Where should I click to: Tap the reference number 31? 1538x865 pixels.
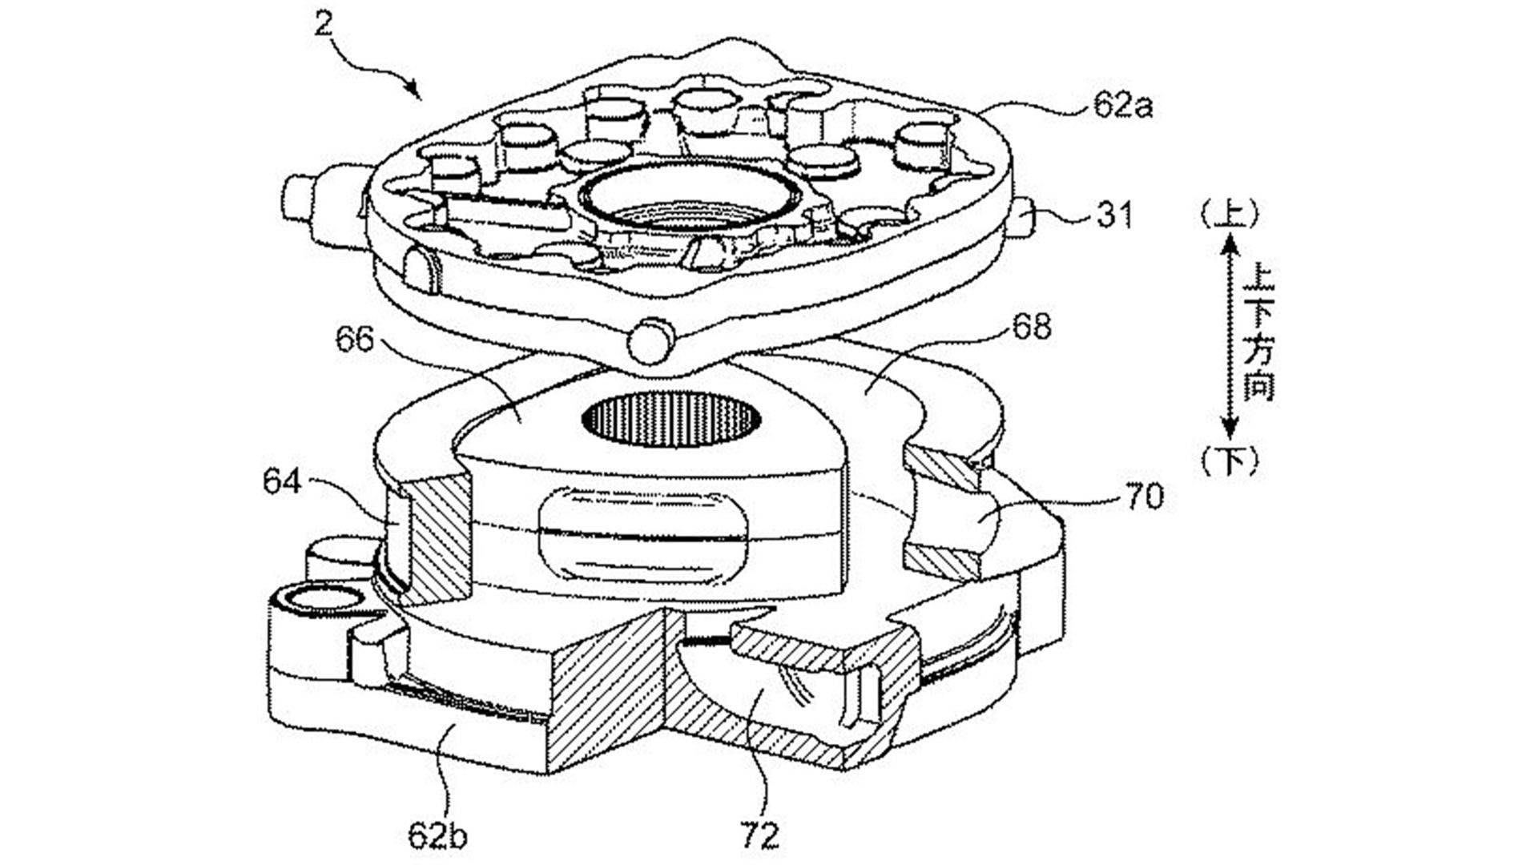[x=1114, y=215]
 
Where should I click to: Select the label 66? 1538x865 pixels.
[x=354, y=339]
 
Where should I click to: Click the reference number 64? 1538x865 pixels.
[x=281, y=482]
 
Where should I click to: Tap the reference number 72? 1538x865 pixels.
[x=759, y=835]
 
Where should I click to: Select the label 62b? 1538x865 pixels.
[x=437, y=835]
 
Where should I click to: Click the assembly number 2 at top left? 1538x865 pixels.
[x=323, y=23]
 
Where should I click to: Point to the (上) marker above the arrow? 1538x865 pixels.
[x=1229, y=214]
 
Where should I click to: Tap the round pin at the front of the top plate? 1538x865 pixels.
[x=649, y=340]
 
